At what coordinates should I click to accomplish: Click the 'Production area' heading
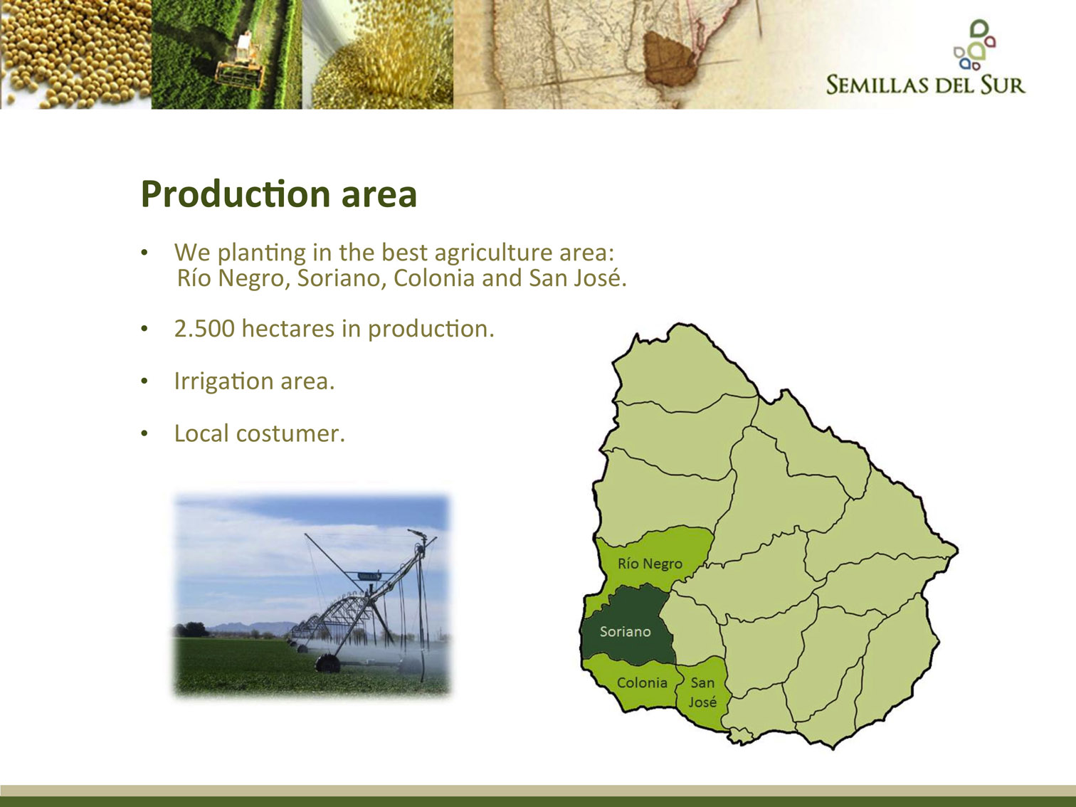(278, 194)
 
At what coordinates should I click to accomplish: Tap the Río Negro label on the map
(650, 564)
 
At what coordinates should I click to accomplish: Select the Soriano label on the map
(625, 632)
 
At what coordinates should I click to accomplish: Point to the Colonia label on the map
(642, 682)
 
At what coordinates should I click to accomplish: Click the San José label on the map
(702, 692)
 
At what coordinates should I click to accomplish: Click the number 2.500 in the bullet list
(204, 328)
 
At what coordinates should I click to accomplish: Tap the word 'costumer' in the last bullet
(290, 433)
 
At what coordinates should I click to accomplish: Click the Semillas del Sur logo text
(926, 85)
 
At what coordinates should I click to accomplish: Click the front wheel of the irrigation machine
(327, 663)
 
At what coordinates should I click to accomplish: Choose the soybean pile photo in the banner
(75, 54)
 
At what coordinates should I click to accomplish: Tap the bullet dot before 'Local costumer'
(144, 433)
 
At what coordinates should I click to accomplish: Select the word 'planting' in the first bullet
(261, 253)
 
